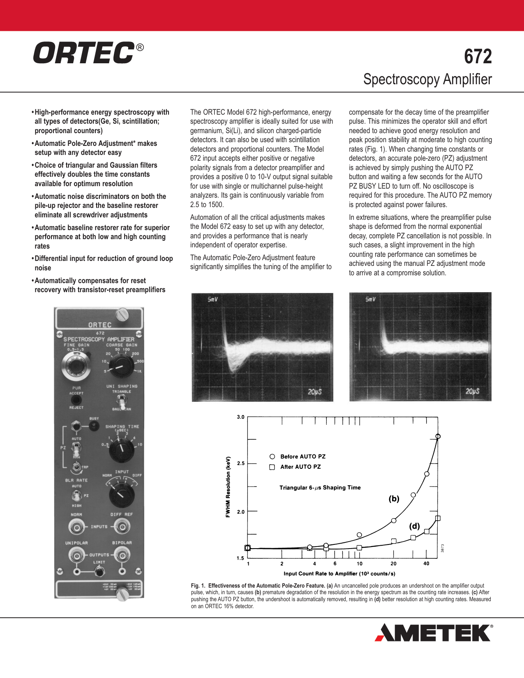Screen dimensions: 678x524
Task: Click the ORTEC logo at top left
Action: point(84,53)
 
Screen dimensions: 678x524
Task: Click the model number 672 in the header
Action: point(478,57)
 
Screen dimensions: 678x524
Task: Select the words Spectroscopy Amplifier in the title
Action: point(427,79)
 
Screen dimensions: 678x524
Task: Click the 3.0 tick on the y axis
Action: point(240,417)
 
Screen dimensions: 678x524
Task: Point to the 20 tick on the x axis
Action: point(393,564)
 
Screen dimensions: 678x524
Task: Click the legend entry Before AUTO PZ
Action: point(302,457)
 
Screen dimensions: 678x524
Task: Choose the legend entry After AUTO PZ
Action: point(300,467)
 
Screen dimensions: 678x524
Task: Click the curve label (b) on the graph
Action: point(394,499)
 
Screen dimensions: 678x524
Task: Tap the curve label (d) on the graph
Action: point(414,526)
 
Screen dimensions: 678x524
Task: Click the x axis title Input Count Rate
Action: point(339,574)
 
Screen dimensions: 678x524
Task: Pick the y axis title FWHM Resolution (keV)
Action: point(228,487)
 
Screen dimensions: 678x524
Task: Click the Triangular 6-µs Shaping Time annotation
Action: point(320,488)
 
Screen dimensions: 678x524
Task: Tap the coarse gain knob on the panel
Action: point(120,366)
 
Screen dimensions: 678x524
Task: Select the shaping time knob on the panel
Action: point(122,450)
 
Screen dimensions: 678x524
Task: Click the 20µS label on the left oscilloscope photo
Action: point(314,392)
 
